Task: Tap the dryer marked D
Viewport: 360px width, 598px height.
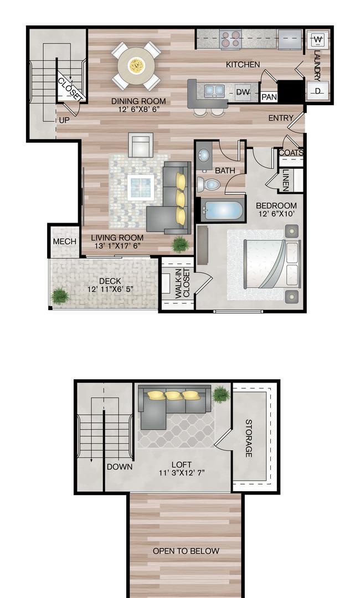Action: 318,91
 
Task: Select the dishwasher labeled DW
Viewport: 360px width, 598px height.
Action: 243,92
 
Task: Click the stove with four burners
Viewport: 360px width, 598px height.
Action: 231,39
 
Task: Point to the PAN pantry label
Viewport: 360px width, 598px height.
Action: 269,97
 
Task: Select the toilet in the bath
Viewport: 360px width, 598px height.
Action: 208,185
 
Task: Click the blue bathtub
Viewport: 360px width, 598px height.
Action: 222,210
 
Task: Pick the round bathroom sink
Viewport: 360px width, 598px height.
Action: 203,156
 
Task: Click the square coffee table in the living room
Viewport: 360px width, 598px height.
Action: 141,187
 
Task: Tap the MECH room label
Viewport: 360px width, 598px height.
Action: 64,241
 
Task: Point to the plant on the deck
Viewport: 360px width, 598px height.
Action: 60,295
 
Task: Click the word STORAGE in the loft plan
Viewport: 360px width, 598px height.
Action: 249,438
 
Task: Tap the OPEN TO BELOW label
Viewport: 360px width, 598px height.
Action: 186,551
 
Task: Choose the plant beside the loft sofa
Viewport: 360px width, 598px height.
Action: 221,394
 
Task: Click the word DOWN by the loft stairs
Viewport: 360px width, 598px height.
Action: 120,467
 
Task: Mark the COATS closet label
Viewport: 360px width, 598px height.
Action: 291,153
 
